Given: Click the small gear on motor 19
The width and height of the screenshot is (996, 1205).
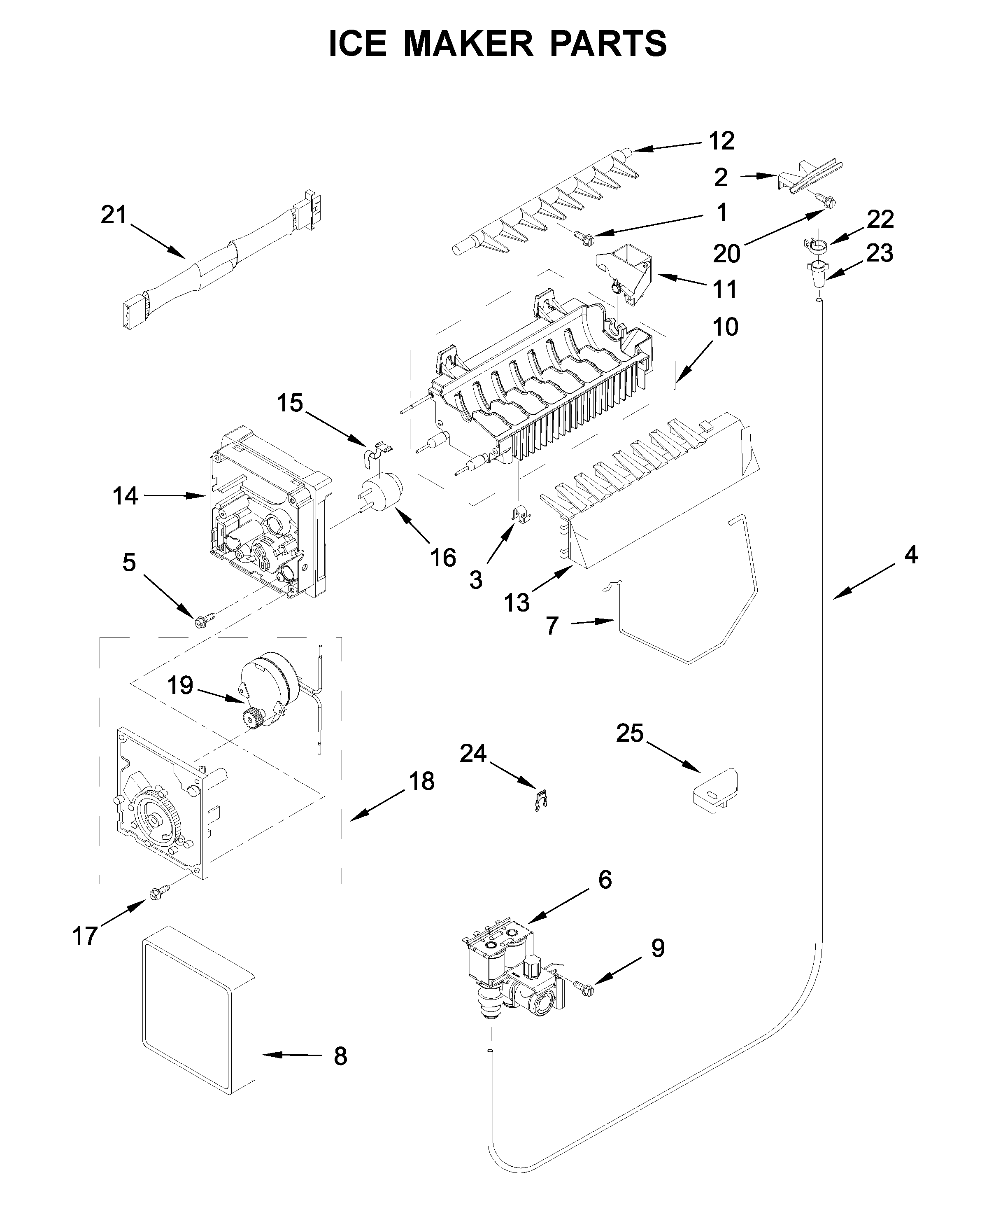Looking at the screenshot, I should pos(252,718).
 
